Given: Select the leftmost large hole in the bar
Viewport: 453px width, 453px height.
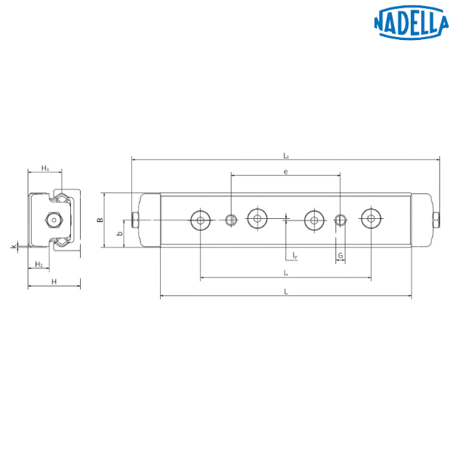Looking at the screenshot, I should pyautogui.click(x=200, y=220).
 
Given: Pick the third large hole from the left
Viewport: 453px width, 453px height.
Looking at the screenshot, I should pyautogui.click(x=313, y=220).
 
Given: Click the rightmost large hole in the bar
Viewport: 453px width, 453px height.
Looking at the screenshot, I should pyautogui.click(x=369, y=220).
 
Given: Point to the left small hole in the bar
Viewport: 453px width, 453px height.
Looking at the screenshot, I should pyautogui.click(x=231, y=220).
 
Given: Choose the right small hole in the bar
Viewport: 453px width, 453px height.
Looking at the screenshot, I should pyautogui.click(x=341, y=220).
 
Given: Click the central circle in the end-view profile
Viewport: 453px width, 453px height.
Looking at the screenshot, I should pyautogui.click(x=53, y=220).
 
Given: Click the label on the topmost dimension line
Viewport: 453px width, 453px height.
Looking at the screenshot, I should pyautogui.click(x=285, y=156).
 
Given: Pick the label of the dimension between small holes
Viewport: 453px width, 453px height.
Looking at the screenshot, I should pyautogui.click(x=285, y=172).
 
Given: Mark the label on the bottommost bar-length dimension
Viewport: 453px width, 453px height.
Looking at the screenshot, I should pyautogui.click(x=285, y=291).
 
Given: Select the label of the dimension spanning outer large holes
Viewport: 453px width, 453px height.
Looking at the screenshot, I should pyautogui.click(x=285, y=273).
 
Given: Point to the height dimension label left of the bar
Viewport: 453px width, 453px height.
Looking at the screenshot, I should pyautogui.click(x=99, y=220).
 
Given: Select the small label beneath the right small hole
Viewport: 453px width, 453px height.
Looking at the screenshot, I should pyautogui.click(x=341, y=257).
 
